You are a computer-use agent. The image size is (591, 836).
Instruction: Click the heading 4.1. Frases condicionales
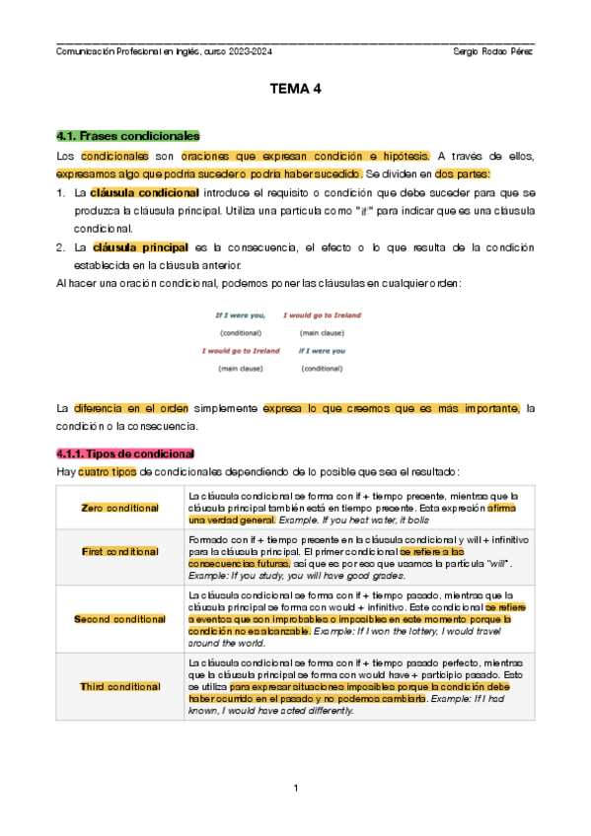[x=128, y=135]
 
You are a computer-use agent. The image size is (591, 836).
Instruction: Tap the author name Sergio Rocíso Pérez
[x=491, y=51]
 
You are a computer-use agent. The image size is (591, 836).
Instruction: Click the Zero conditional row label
[x=120, y=508]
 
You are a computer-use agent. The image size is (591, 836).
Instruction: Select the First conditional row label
[x=120, y=551]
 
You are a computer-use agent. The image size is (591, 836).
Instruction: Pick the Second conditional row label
[x=120, y=618]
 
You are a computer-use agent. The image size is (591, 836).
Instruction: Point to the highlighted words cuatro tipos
[x=108, y=472]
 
